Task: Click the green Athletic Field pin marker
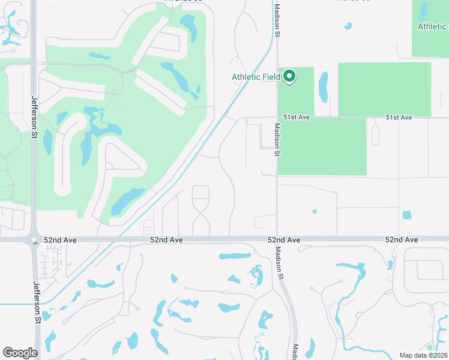click(x=289, y=77)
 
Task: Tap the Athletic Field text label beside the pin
click(x=256, y=77)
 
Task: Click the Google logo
click(x=20, y=353)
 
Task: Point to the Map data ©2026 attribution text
click(x=423, y=355)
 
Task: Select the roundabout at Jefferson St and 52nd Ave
click(x=34, y=239)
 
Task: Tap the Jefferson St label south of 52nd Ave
click(x=37, y=304)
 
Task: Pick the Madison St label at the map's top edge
click(x=277, y=22)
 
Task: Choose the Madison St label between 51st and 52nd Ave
click(x=277, y=140)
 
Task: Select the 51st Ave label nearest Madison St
click(x=297, y=118)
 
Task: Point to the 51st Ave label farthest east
click(x=399, y=118)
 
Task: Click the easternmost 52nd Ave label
click(x=402, y=240)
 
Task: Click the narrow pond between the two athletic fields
click(x=324, y=86)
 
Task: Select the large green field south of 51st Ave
click(x=322, y=146)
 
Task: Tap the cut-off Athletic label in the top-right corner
click(x=432, y=26)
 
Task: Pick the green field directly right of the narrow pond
click(x=384, y=89)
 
